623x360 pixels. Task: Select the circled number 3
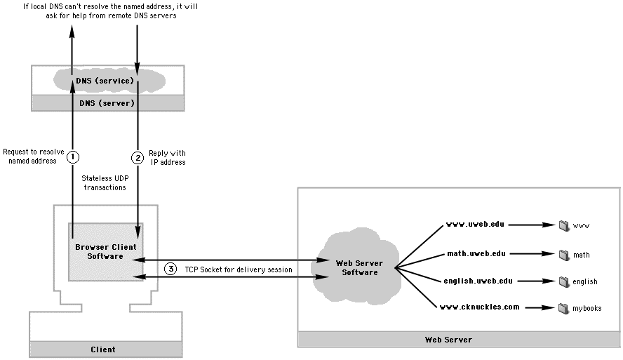[171, 269]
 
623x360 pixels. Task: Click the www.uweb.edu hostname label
[476, 225]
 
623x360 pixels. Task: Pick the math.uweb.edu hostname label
[476, 253]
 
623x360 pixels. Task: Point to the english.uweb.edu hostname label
[478, 281]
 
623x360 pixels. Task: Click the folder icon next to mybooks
[563, 308]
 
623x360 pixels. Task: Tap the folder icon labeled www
[563, 226]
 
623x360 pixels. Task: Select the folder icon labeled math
[563, 254]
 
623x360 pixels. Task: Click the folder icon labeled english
[563, 281]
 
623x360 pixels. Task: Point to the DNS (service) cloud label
[105, 81]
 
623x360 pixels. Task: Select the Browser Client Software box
[105, 251]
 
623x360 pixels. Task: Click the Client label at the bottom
[103, 349]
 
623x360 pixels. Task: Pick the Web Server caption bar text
[448, 340]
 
